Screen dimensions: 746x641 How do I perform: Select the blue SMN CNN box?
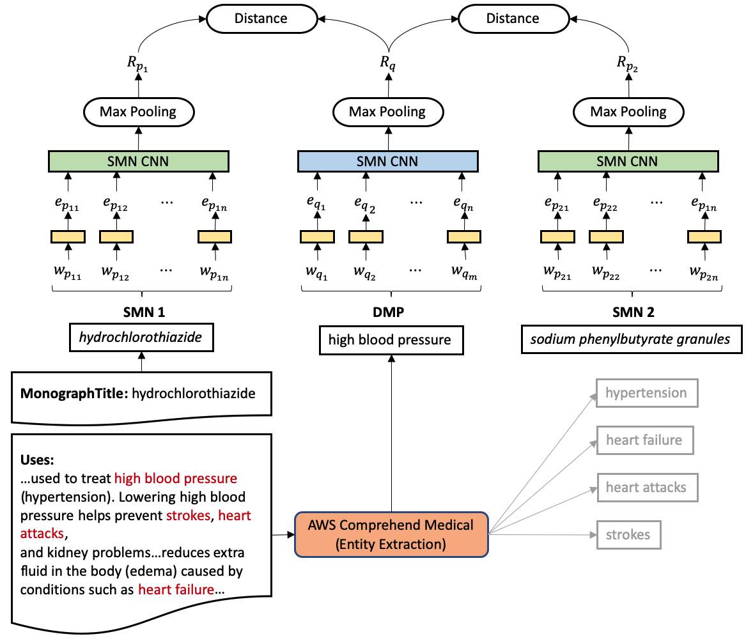click(388, 161)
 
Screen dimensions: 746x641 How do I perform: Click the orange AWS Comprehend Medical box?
click(391, 534)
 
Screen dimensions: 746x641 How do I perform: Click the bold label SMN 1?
click(144, 312)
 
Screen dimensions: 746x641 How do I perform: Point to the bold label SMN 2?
click(633, 312)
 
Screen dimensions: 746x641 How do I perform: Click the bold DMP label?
click(388, 312)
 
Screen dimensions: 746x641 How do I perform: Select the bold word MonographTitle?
click(74, 394)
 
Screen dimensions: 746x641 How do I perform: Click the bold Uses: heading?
click(37, 460)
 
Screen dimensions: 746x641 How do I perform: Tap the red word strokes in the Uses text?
click(188, 516)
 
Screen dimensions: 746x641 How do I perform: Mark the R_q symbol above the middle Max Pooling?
click(388, 63)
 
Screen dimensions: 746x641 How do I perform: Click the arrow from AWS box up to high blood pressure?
click(392, 433)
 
